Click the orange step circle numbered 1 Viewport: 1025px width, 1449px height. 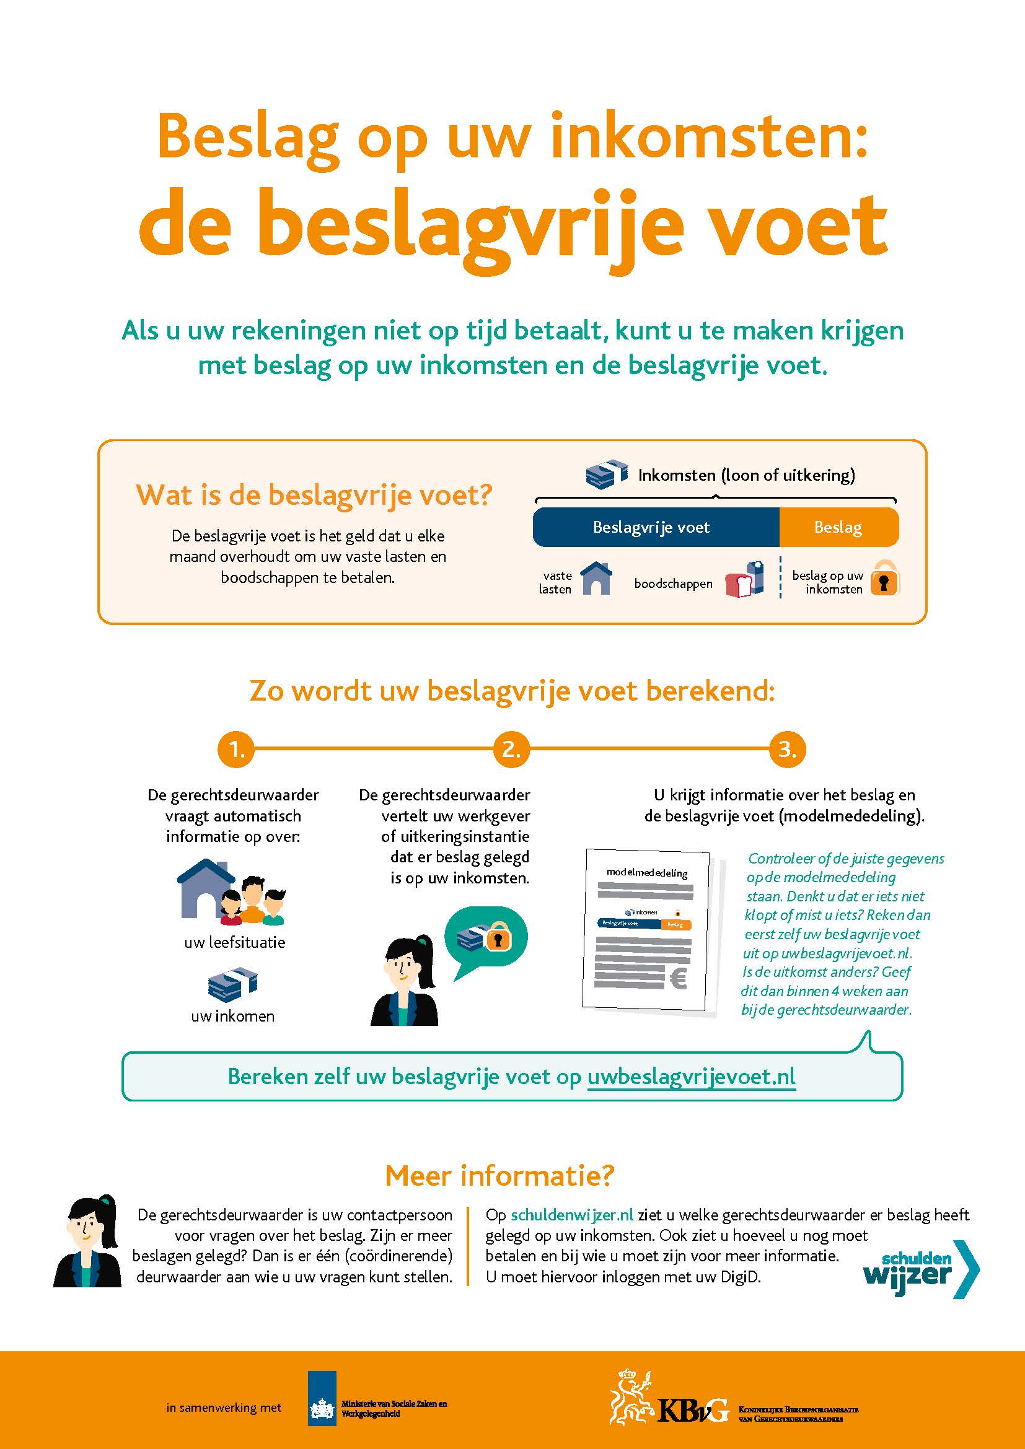pyautogui.click(x=235, y=749)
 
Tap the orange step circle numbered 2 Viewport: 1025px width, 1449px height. pyautogui.click(x=511, y=749)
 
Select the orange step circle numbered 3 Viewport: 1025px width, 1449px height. pyautogui.click(x=787, y=749)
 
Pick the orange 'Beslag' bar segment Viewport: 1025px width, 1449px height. pyautogui.click(x=838, y=527)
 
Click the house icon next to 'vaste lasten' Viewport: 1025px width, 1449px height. pyautogui.click(x=596, y=578)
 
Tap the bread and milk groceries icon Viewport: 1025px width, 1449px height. pyautogui.click(x=746, y=579)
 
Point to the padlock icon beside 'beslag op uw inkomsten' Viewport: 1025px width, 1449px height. pyautogui.click(x=884, y=578)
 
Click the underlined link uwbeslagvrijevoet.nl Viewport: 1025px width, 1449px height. pyautogui.click(x=691, y=1077)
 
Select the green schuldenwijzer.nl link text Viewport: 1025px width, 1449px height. pyautogui.click(x=572, y=1215)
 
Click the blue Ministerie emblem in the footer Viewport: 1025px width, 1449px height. pyautogui.click(x=322, y=1407)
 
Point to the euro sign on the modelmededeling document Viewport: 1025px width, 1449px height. pyautogui.click(x=678, y=979)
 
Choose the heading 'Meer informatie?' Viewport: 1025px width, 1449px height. pyautogui.click(x=499, y=1175)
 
